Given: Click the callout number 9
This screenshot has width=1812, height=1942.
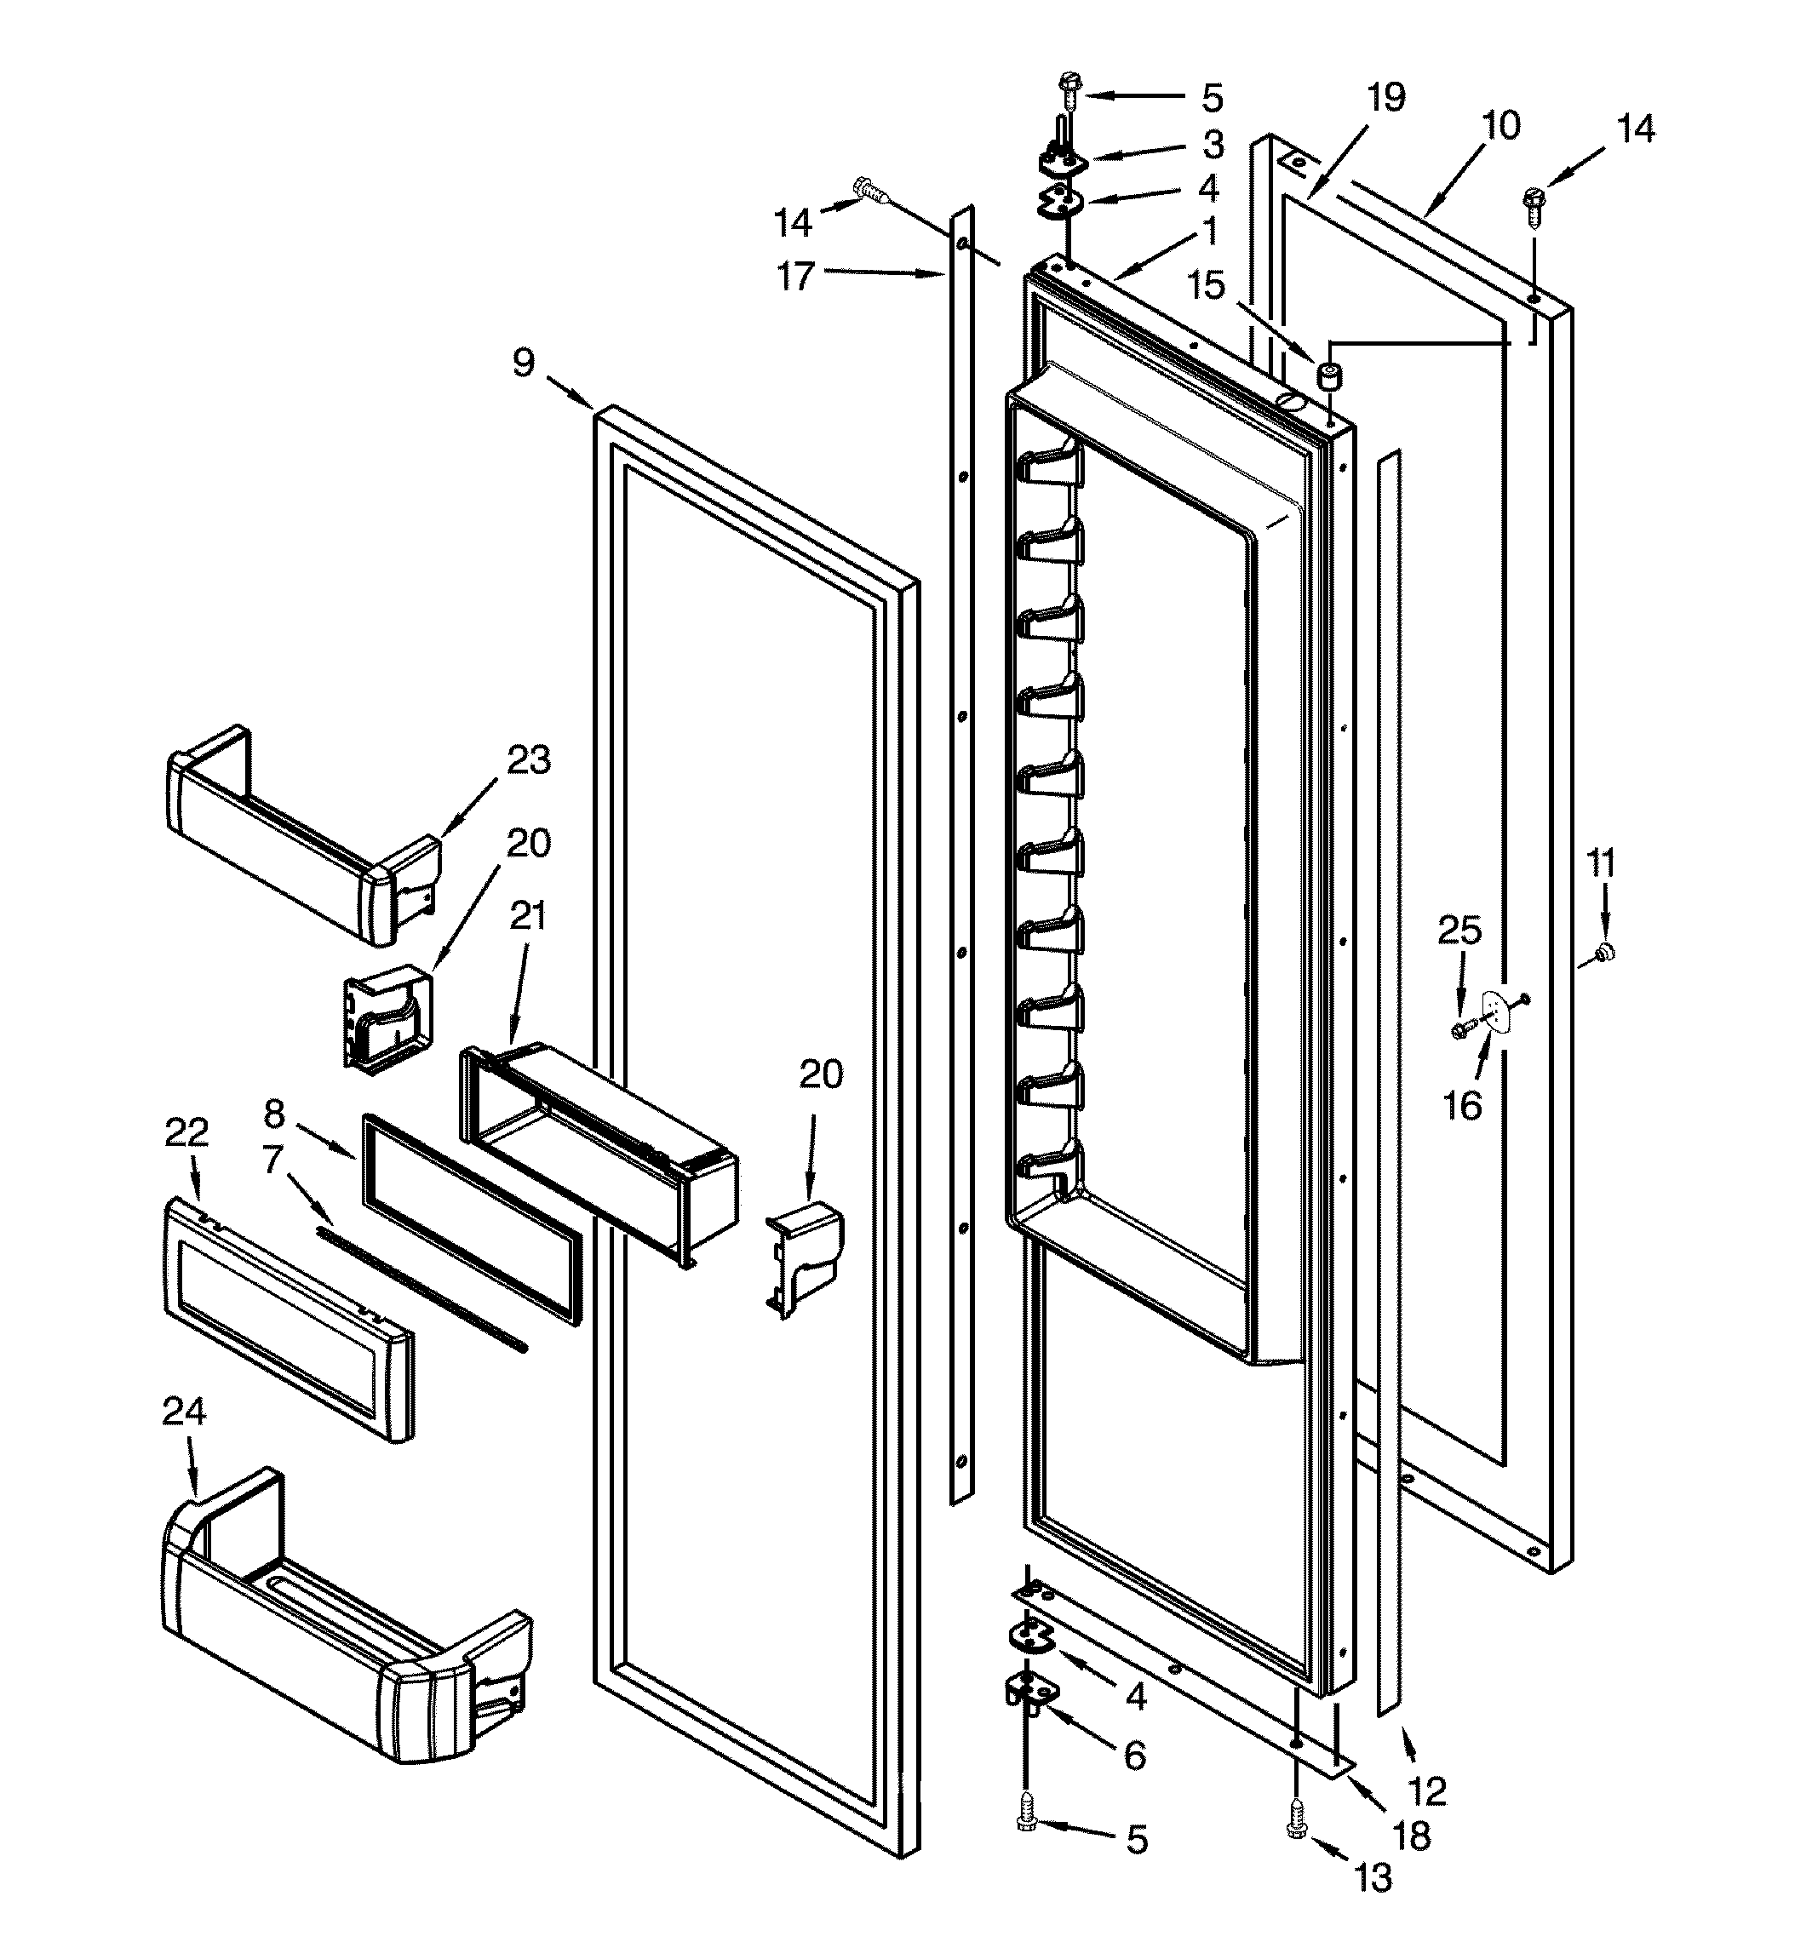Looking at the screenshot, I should click(524, 364).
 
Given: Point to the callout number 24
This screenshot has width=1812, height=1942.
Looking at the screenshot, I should click(184, 1411).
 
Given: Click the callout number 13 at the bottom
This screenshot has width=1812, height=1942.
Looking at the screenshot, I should click(1373, 1876).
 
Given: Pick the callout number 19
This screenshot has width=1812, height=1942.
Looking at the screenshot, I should click(1385, 97).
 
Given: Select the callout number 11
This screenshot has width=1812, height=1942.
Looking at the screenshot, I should click(1600, 863).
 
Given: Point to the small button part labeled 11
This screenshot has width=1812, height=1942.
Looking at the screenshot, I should click(1603, 952).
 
